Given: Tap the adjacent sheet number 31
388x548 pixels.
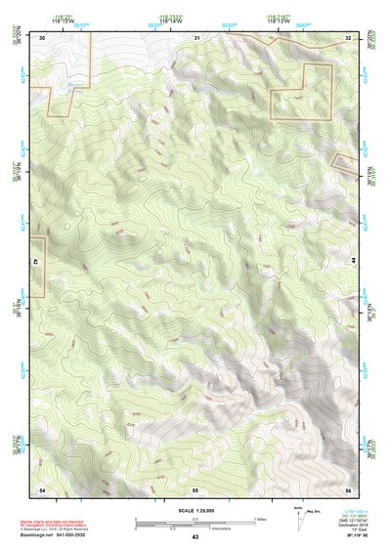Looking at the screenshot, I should click(196, 37).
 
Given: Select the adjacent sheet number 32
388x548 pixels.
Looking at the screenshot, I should click(348, 37).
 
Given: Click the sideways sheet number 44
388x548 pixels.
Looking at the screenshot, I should click(353, 262).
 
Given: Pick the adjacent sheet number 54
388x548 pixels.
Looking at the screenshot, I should click(42, 487).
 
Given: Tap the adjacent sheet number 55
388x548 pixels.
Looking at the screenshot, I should click(195, 487).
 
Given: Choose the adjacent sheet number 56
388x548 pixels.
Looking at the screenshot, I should click(348, 487).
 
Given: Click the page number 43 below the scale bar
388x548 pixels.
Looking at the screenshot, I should click(194, 537).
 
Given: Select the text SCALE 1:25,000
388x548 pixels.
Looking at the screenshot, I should click(194, 511).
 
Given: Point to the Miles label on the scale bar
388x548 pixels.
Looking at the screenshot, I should click(260, 519).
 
